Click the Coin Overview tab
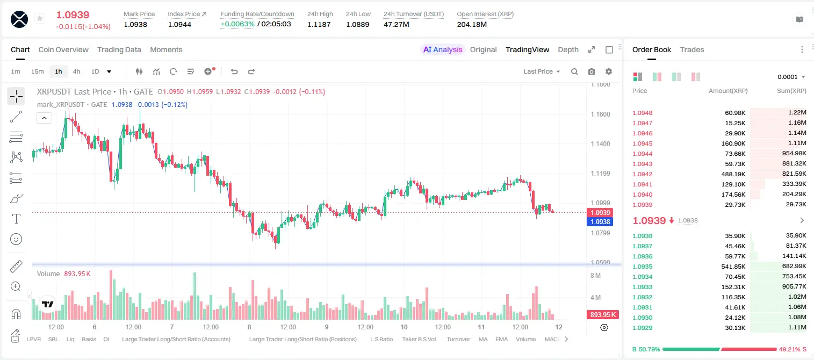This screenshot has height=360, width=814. coord(63,49)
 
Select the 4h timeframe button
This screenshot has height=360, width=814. coord(76,71)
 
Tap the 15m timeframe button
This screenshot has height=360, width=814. coord(37,71)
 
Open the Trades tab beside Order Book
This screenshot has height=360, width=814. coord(692,49)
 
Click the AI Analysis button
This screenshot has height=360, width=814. coord(443,49)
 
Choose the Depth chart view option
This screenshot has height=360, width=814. coord(568,49)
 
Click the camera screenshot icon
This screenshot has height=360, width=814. coord(592,71)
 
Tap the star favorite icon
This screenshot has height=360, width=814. coord(40,18)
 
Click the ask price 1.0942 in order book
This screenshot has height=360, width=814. coord(643,174)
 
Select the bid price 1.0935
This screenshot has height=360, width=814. coord(643,267)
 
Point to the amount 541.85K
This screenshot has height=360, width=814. coord(733,267)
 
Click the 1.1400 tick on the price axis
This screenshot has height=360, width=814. coord(600,144)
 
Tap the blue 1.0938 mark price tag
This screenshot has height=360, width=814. coord(600,221)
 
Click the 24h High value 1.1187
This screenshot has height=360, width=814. coord(319,24)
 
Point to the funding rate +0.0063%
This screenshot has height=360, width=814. coord(237,24)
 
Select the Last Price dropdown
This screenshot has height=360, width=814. coord(542,71)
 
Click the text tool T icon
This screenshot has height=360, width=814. coord(16,219)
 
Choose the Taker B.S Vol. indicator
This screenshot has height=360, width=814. coord(419,339)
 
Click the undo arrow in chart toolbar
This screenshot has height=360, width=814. coord(234,71)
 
